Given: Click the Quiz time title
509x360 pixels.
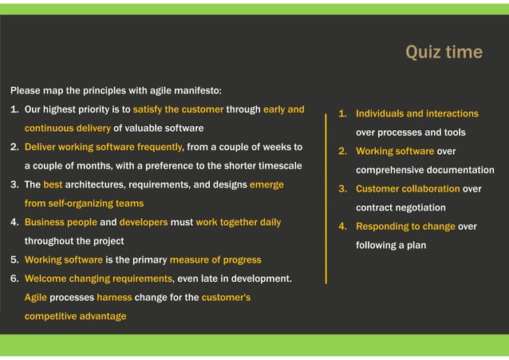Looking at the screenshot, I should coord(444,53).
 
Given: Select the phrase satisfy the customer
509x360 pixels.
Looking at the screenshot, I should coord(179,109).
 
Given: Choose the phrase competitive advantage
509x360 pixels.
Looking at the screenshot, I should coord(75,316).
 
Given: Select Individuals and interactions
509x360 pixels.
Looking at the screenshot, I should coord(416,114).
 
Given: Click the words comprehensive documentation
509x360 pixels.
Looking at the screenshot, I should coord(424,170).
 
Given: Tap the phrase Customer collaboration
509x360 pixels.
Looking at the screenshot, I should coord(407,189).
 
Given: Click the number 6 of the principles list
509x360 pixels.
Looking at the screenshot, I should coord(14,279).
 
